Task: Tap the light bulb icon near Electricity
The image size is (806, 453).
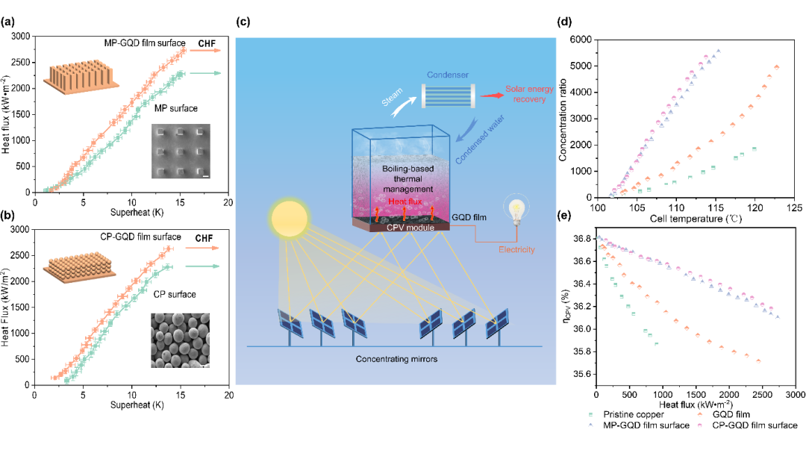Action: [514, 207]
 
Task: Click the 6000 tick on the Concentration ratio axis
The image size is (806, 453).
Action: [581, 39]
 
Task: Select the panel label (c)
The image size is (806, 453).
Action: [243, 21]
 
